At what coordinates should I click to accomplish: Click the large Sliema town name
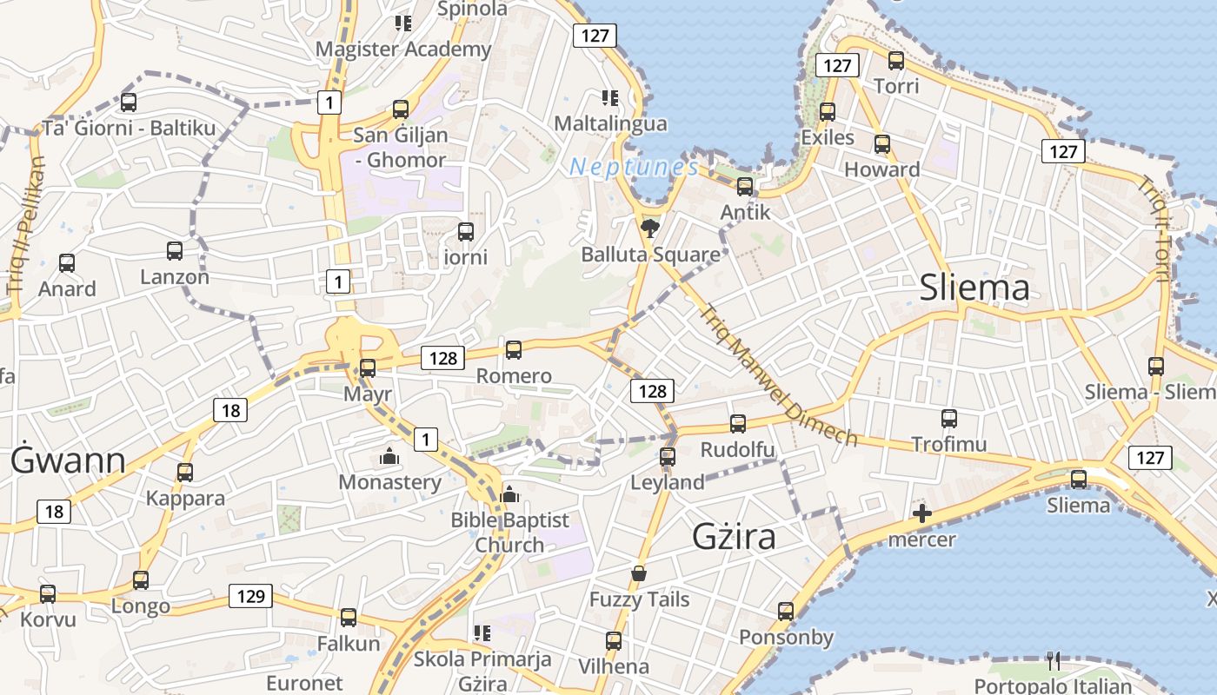[974, 288]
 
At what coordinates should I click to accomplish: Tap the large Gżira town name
[734, 537]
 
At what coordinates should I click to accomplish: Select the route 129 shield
[250, 596]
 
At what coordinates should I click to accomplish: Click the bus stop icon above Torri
[896, 61]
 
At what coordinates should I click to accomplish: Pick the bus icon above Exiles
[828, 111]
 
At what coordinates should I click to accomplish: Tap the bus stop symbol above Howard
[882, 144]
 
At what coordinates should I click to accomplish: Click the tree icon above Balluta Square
[649, 228]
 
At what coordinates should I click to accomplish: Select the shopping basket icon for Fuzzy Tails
[639, 574]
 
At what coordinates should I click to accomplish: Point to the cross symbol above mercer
[922, 514]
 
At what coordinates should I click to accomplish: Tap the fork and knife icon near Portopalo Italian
[1054, 661]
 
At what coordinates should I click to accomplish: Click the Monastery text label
[389, 482]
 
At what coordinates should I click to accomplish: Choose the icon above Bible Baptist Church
[509, 494]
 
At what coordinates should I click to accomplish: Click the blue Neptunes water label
[634, 167]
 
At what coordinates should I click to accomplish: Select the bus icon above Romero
[514, 350]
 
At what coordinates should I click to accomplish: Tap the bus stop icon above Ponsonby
[786, 612]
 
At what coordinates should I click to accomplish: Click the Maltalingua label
[610, 123]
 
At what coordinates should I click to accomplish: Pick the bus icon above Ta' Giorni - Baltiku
[129, 103]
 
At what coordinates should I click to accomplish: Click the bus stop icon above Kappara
[185, 473]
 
